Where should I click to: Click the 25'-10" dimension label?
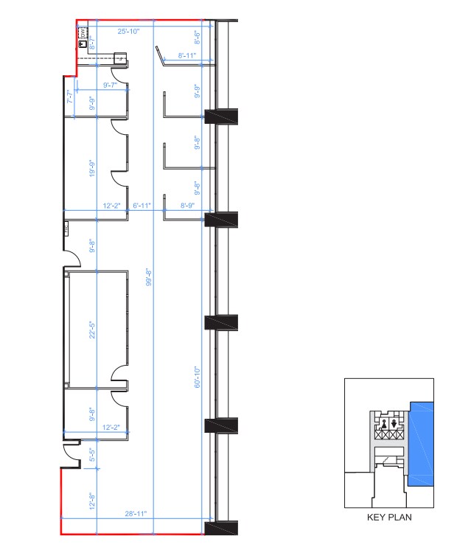129,31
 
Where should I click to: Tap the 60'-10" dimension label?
197,378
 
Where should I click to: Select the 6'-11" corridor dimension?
141,206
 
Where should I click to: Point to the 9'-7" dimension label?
111,86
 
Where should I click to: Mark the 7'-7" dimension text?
70,97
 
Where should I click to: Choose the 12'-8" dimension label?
92,501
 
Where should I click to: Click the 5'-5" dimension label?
92,455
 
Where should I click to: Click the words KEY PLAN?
389,518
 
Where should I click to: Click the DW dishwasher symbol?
83,33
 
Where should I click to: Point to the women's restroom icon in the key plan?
395,423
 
